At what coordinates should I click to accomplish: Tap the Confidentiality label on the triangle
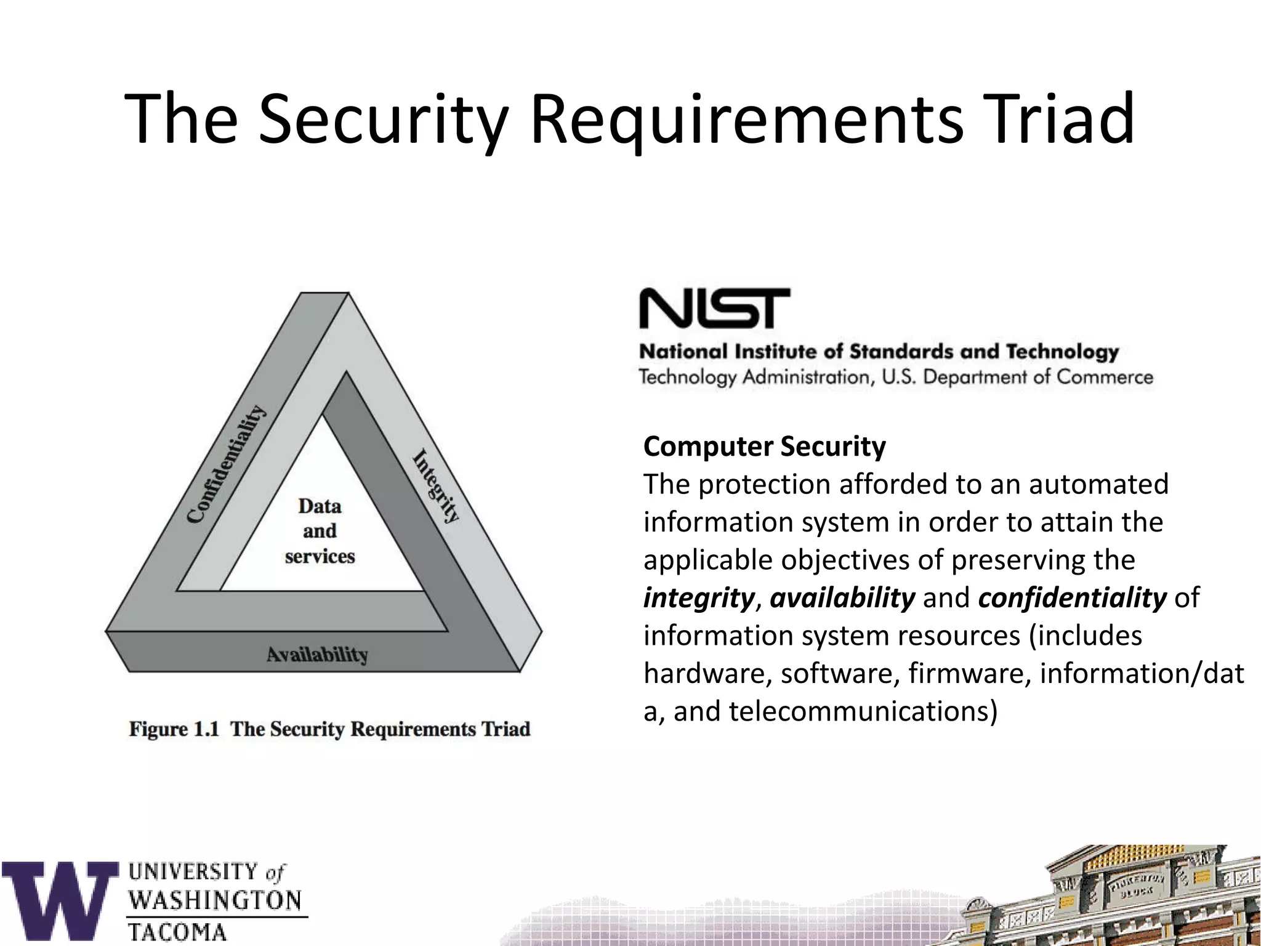[227, 464]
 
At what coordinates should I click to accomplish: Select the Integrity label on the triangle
[436, 486]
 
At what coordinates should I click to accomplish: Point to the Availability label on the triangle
[317, 654]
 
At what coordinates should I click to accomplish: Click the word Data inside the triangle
[320, 506]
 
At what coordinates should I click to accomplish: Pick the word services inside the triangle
[320, 556]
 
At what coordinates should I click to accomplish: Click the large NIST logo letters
[714, 308]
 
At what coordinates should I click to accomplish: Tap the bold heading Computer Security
[764, 447]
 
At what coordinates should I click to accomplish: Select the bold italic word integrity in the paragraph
[698, 597]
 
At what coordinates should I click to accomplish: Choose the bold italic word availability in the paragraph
[842, 597]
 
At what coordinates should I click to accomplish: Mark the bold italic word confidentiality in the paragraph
[1072, 597]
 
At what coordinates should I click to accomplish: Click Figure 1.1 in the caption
[174, 729]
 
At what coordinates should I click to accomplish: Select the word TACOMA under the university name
[177, 932]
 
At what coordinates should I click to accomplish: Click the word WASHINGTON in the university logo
[215, 901]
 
